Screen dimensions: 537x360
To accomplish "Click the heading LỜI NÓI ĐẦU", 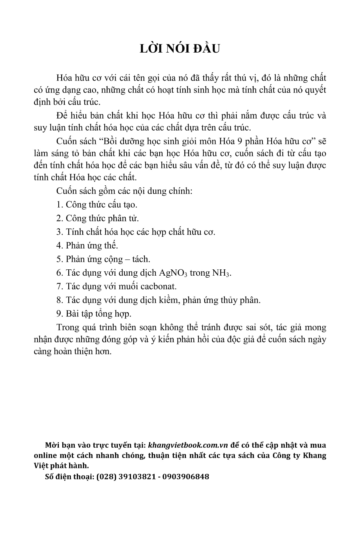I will coord(180,49).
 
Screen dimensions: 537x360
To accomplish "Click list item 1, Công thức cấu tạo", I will coord(97,205).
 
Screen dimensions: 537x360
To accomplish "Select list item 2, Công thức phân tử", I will coord(97,218).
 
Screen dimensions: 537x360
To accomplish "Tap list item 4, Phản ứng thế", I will coord(87,245).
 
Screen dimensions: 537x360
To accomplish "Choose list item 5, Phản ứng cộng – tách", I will coord(103,259).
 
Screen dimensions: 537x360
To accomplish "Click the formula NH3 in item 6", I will coord(221,273).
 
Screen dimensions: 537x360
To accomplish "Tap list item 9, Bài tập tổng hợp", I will coord(94,314).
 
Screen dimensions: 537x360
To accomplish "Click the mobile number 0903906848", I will coord(185,476).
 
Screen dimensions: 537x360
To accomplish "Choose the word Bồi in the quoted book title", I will coord(105,141).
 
